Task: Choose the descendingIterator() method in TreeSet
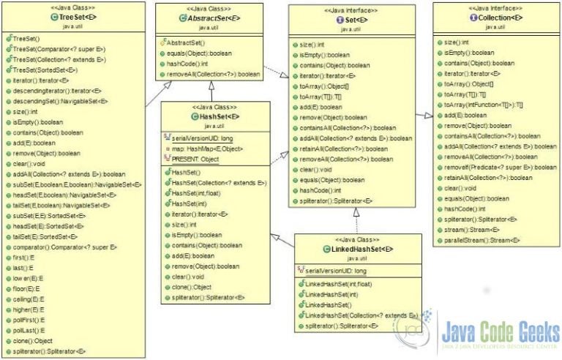51,90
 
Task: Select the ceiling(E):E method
31,299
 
